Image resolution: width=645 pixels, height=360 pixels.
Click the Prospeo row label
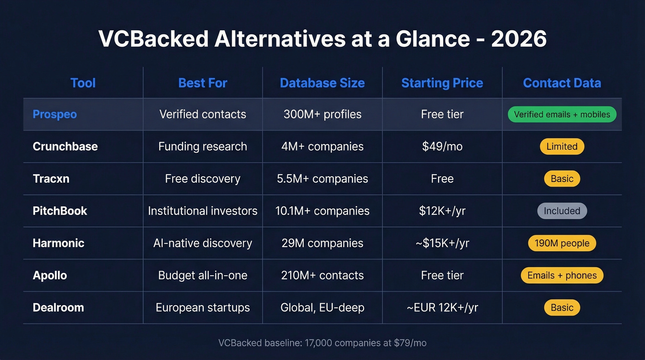[55, 114]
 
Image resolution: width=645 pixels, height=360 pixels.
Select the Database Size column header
[322, 83]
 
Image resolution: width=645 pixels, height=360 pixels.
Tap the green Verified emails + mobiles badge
[562, 114]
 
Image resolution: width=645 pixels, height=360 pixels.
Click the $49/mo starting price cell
[442, 147]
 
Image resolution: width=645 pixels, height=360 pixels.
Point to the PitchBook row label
[60, 211]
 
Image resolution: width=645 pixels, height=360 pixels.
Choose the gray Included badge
[562, 211]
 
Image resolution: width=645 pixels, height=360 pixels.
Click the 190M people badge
[562, 243]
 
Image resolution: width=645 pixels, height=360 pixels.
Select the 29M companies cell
[322, 243]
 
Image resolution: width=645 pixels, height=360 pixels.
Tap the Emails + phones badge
[562, 276]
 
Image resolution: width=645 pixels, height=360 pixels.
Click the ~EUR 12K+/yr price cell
[442, 308]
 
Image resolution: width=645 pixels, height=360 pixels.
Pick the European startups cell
[203, 308]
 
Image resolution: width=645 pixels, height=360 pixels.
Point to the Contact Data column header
[562, 83]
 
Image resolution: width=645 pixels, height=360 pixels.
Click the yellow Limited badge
[562, 147]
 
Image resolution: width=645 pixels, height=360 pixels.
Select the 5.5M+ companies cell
[322, 179]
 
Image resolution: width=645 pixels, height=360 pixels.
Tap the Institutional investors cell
[203, 211]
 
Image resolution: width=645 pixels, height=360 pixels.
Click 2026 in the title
[519, 39]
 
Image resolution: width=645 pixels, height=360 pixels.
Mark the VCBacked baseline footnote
[322, 343]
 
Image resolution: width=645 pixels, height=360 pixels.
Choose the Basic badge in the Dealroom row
[562, 308]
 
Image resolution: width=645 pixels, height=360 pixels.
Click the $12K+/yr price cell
[442, 211]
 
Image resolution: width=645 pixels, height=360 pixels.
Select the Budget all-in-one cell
[203, 276]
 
